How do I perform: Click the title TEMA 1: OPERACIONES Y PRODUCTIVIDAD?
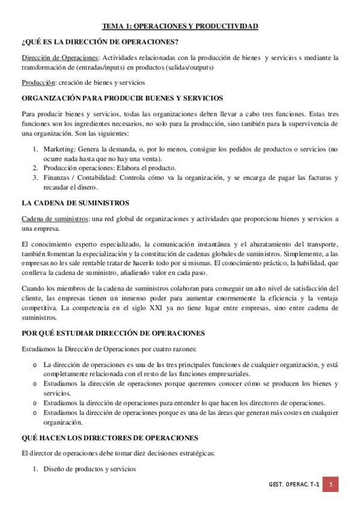180,26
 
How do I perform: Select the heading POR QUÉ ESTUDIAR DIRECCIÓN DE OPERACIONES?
113,333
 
